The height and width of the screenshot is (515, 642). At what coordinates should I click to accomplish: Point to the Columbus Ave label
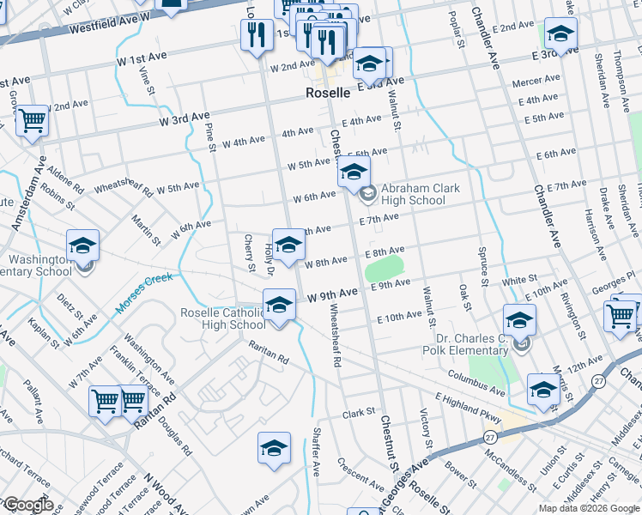[x=475, y=381]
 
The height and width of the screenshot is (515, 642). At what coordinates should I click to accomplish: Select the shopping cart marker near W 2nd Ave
[x=32, y=122]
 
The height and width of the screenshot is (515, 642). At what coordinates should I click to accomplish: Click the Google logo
[x=28, y=505]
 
